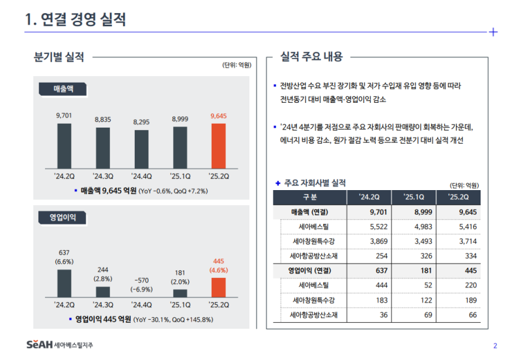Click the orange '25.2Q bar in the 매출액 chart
pyautogui.click(x=218, y=145)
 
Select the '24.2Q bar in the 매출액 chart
pyautogui.click(x=64, y=145)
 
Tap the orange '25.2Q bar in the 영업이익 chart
pyautogui.click(x=218, y=288)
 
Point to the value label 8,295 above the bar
pyautogui.click(x=141, y=122)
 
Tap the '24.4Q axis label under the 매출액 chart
pyautogui.click(x=141, y=174)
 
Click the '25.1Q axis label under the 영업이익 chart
pyautogui.click(x=180, y=304)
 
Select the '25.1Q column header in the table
pyautogui.click(x=414, y=197)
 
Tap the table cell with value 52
pyautogui.click(x=414, y=285)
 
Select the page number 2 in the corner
pyautogui.click(x=495, y=345)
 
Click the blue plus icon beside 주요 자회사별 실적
pyautogui.click(x=278, y=183)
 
